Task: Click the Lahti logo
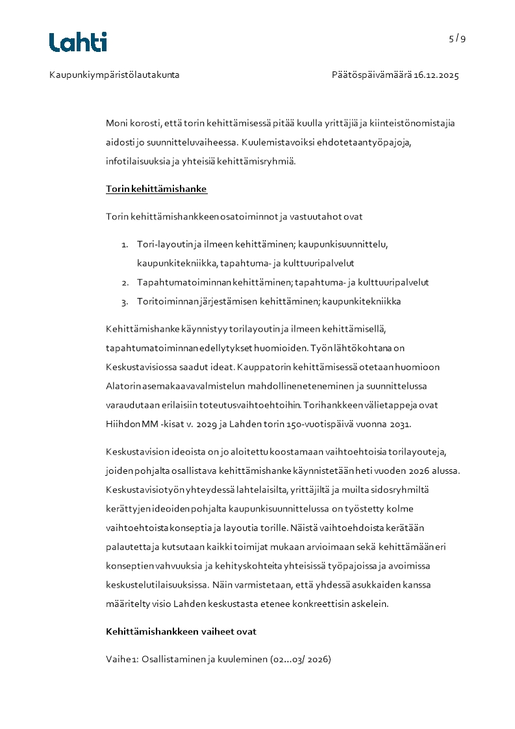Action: click(x=78, y=42)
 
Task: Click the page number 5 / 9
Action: click(x=457, y=38)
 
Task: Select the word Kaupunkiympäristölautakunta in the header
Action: click(x=114, y=75)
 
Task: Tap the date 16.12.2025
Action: click(x=437, y=75)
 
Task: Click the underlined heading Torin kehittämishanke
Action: click(x=157, y=190)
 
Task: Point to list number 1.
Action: click(x=124, y=245)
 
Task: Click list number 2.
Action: click(x=124, y=283)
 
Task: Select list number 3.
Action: click(x=124, y=302)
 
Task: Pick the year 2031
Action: click(x=401, y=425)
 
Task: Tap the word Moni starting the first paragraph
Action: click(x=117, y=123)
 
